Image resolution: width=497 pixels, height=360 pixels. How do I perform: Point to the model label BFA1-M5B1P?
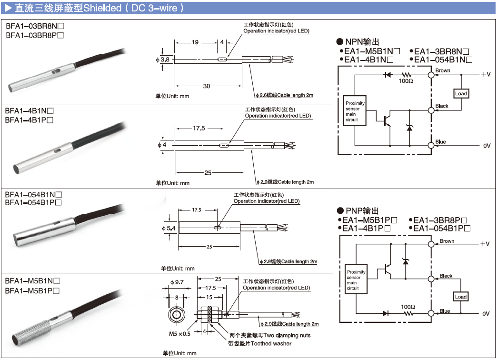coord(32,290)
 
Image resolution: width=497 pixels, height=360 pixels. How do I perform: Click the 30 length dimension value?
coord(207,86)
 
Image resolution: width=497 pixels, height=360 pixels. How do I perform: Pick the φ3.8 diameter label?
coord(162,60)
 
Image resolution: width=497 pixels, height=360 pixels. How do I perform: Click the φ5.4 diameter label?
coord(169,229)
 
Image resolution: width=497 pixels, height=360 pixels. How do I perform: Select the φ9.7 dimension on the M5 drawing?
coord(176,282)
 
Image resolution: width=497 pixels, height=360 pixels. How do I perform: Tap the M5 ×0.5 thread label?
coord(179,333)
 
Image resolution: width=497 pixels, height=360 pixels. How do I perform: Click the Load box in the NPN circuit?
coord(461,93)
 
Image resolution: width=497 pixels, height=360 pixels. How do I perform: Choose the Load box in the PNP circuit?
coord(461,297)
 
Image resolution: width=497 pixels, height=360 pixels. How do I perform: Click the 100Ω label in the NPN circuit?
coord(406,81)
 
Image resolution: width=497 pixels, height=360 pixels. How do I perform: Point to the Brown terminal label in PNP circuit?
coord(447,241)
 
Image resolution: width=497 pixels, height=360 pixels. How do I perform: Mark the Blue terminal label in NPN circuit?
coord(441,142)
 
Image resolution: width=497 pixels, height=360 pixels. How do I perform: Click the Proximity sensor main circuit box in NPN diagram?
coord(355,111)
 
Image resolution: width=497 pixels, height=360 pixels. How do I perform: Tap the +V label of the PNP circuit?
coord(485,244)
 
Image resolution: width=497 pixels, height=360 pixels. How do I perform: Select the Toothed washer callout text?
coord(260,343)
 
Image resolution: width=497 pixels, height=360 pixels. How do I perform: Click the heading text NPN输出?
coord(362,42)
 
